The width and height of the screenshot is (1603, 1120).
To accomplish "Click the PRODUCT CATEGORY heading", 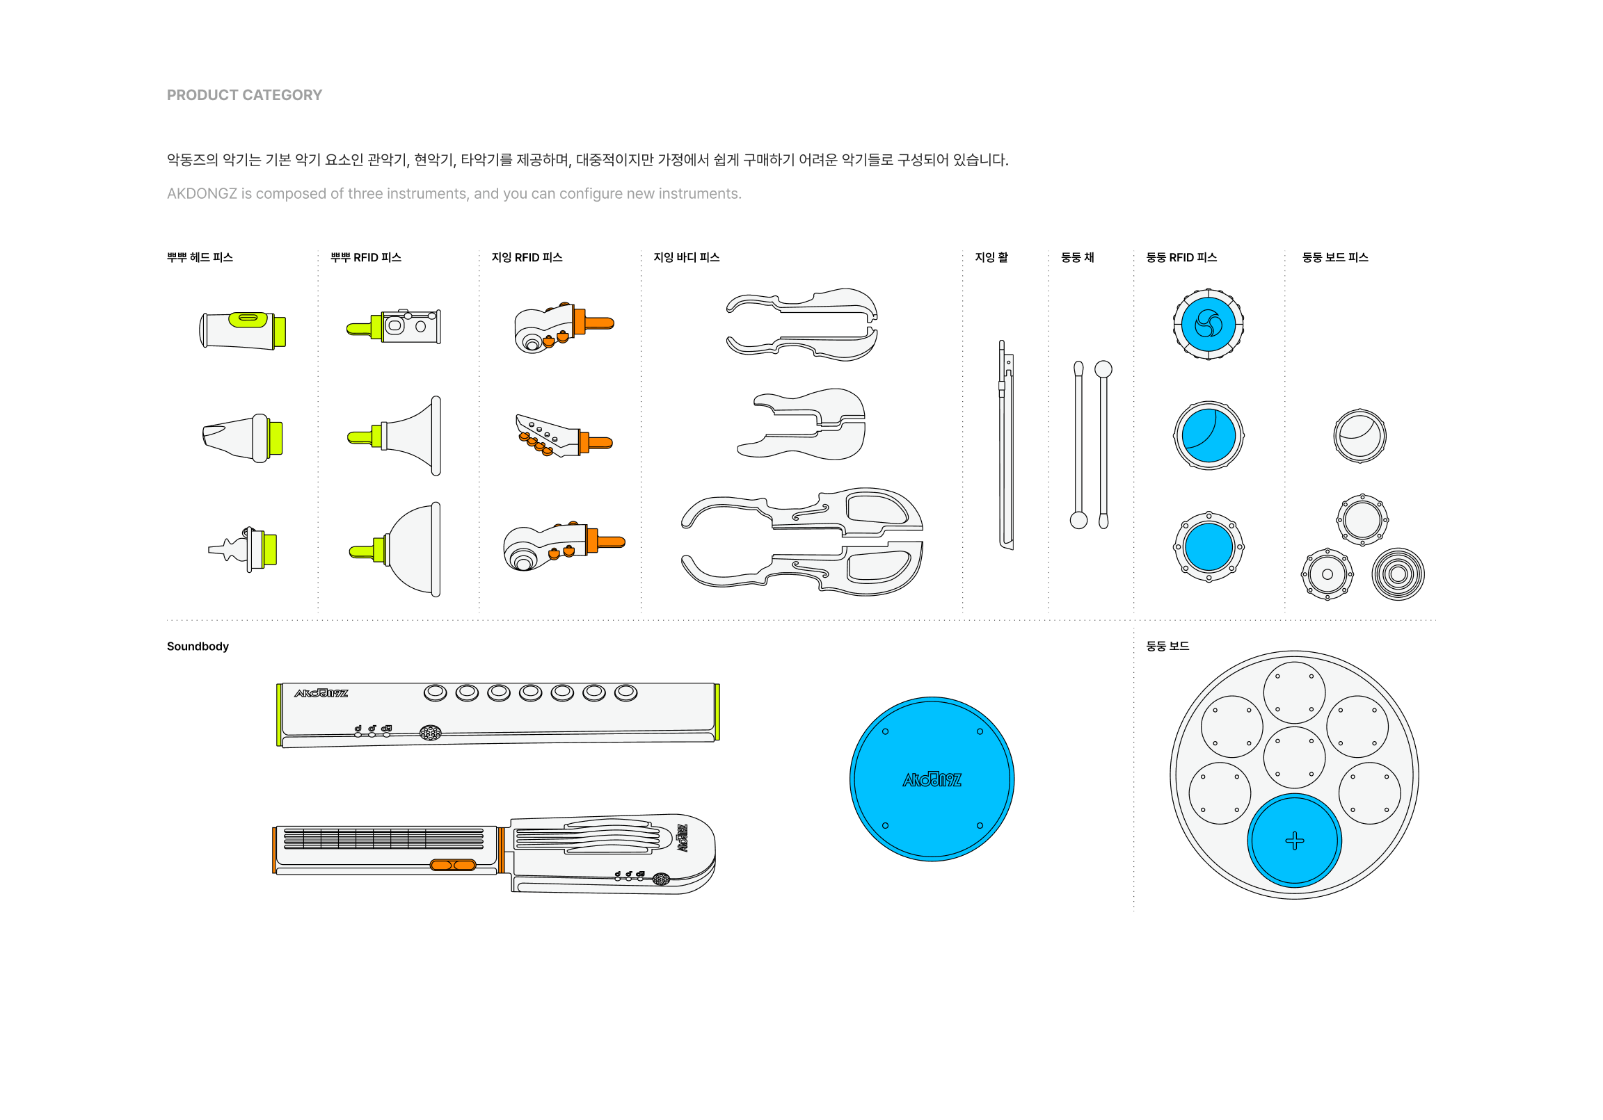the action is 244,95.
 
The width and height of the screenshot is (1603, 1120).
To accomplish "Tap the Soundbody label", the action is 198,646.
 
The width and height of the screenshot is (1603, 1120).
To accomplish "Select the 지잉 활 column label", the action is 991,257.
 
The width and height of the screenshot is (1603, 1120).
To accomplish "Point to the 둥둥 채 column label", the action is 1077,257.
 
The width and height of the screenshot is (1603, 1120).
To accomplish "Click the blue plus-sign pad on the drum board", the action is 1293,841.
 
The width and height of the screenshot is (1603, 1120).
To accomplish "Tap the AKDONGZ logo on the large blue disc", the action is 932,779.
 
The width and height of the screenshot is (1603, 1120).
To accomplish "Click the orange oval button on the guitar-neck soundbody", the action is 452,866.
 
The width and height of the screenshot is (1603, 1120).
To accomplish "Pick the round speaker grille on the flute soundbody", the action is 430,733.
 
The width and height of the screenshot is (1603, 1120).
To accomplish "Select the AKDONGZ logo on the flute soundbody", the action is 321,693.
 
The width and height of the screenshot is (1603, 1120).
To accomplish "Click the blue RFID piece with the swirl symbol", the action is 1209,324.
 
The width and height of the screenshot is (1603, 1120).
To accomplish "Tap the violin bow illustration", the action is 1005,444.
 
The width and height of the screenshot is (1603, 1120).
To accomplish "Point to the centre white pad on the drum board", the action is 1293,757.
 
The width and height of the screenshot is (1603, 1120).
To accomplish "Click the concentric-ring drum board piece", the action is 1398,574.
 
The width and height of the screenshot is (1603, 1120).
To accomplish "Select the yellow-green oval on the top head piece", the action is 248,319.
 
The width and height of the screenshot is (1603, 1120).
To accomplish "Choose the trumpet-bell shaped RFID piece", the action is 395,436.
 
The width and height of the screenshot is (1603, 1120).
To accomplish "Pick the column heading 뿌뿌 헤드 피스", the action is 200,257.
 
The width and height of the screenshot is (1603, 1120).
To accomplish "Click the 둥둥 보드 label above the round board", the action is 1167,646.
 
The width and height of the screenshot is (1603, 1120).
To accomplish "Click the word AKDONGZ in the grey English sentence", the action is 202,193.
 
